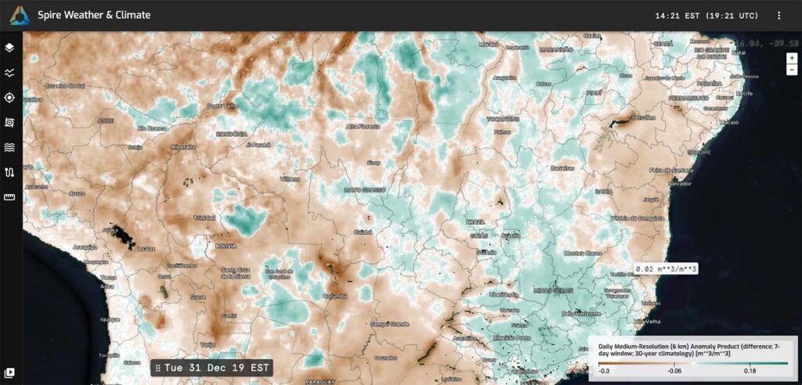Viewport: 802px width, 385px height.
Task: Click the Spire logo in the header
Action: click(20, 15)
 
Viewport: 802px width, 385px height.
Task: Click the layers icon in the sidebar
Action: click(9, 48)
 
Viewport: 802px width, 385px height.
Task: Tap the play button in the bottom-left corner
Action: click(10, 372)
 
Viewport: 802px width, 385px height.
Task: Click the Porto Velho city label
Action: click(221, 106)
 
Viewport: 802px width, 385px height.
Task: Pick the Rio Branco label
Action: click(151, 128)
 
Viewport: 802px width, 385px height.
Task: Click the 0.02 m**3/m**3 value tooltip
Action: click(667, 268)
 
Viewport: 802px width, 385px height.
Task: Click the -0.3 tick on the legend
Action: click(604, 370)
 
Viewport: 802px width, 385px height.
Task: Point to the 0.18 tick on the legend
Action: click(749, 370)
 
